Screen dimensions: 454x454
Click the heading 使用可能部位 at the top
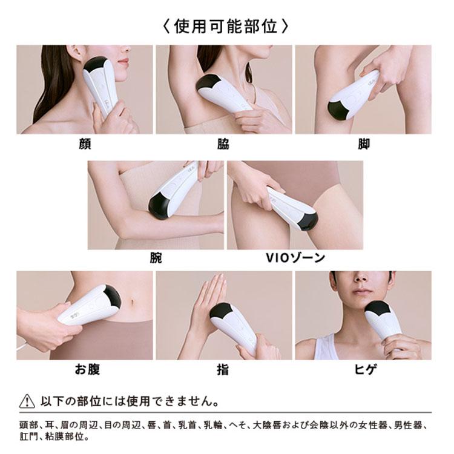tap(226, 26)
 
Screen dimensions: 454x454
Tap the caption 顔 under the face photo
tap(84, 144)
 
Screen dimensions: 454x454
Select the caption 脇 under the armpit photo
tap(223, 144)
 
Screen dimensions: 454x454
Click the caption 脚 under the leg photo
tap(363, 144)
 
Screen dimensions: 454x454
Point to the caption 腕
tap(156, 258)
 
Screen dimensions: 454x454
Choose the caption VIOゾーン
tap(295, 258)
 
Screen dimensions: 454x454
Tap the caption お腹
tap(87, 370)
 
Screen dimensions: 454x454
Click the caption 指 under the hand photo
tap(223, 370)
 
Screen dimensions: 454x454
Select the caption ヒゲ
tap(363, 370)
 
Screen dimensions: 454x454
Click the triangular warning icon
tap(27, 401)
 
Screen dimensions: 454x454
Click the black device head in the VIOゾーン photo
tap(308, 220)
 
